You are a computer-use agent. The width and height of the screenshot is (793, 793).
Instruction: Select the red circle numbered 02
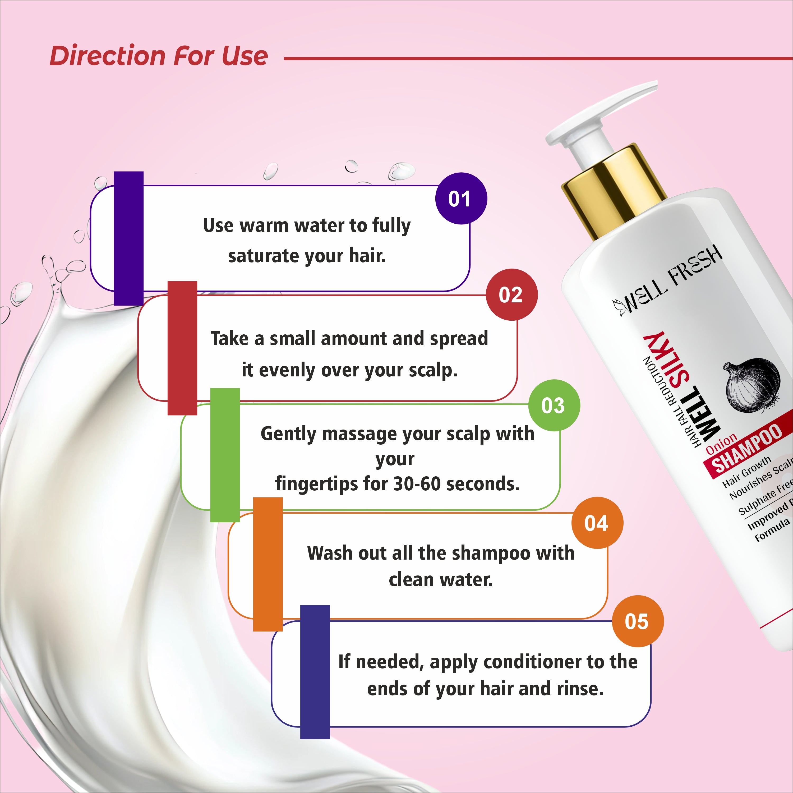[511, 295]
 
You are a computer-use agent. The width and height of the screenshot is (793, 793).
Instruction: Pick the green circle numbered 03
[554, 405]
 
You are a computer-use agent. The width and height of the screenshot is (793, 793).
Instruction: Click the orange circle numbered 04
[597, 523]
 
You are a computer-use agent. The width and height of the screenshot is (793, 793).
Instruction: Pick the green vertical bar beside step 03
[225, 455]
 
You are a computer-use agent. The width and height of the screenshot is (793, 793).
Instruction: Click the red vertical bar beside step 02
[182, 348]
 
